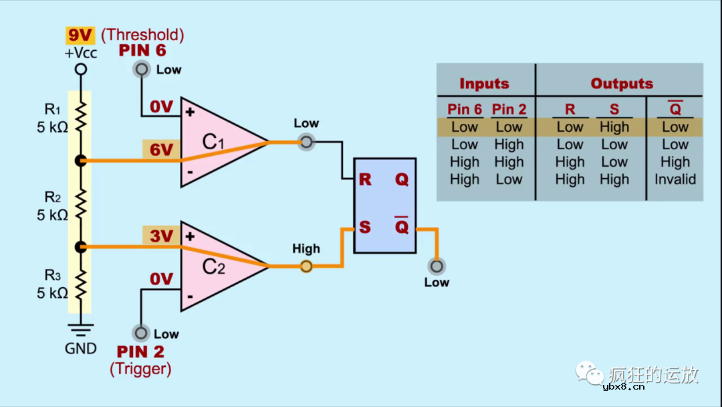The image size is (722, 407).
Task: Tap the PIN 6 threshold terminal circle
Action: pyautogui.click(x=141, y=69)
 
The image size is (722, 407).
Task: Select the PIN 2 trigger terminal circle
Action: pyautogui.click(x=141, y=333)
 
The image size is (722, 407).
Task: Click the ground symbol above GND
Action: pyautogui.click(x=81, y=329)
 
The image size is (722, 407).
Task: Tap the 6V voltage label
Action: pyautogui.click(x=161, y=150)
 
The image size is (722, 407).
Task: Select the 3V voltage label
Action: pyautogui.click(x=161, y=236)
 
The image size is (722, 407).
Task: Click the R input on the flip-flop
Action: pyautogui.click(x=365, y=179)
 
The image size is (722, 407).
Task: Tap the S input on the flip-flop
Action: pyautogui.click(x=365, y=227)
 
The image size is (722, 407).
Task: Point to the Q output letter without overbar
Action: pyautogui.click(x=401, y=179)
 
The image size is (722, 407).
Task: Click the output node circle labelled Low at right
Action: pyautogui.click(x=437, y=266)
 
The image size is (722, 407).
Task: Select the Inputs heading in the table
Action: pyautogui.click(x=484, y=84)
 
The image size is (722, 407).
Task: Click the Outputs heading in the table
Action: pyautogui.click(x=622, y=84)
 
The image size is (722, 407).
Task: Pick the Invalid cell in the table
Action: pyautogui.click(x=675, y=179)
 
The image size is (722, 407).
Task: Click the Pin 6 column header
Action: pyautogui.click(x=465, y=109)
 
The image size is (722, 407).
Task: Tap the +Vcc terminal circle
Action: pyautogui.click(x=81, y=69)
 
